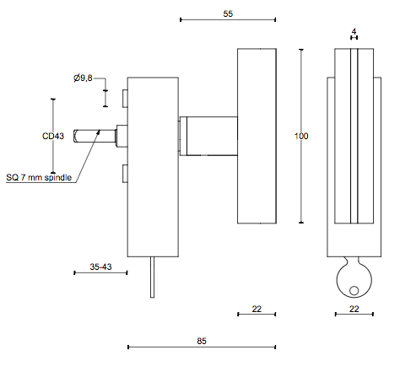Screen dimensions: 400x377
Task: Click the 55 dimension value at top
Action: coord(228,13)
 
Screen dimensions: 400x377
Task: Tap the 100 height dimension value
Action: coord(301,136)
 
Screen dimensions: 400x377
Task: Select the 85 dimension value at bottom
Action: coord(202,341)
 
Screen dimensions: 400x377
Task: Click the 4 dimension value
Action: coord(354,31)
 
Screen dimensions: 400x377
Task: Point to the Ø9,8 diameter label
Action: coord(83,78)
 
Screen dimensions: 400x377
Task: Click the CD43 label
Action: coord(53,136)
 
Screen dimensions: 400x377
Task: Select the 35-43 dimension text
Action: coord(100,267)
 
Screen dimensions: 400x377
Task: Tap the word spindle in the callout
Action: coord(58,177)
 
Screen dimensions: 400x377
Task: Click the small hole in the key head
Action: coord(354,290)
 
